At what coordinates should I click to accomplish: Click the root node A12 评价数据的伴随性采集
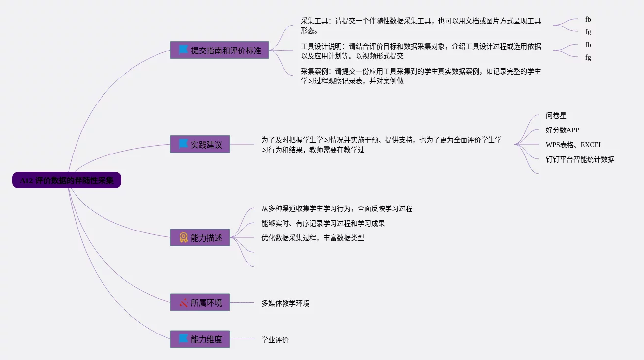click(67, 180)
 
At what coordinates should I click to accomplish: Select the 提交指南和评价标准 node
click(219, 50)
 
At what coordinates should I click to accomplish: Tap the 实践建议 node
click(200, 144)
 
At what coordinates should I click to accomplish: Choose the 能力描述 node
click(200, 237)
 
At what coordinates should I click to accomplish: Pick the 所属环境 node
click(200, 303)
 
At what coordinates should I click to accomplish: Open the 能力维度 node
click(200, 339)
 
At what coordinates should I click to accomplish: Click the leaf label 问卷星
click(556, 116)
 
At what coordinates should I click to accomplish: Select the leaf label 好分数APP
click(562, 130)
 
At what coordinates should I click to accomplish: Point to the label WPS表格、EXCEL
click(574, 145)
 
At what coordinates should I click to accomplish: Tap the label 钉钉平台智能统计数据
click(580, 159)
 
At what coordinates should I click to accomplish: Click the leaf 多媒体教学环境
click(285, 303)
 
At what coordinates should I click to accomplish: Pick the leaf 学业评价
click(275, 339)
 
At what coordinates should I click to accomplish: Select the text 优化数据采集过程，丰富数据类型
click(312, 238)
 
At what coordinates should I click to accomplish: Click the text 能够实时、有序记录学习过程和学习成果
click(323, 223)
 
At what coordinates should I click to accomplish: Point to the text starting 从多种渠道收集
click(336, 208)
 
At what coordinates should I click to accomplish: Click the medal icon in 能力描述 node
click(183, 237)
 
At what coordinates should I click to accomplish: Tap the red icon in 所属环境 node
click(183, 303)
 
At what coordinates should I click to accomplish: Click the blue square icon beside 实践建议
click(183, 144)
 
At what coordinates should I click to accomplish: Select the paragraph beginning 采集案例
click(420, 76)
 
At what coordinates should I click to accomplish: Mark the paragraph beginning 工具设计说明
click(420, 51)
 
